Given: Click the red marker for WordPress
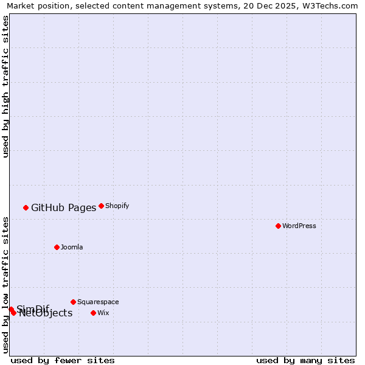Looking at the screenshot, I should [x=278, y=226].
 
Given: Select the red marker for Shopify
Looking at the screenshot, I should [x=101, y=206].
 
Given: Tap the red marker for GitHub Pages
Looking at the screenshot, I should [x=26, y=207].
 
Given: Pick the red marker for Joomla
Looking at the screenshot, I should [x=57, y=247].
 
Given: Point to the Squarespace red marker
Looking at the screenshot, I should [x=73, y=302].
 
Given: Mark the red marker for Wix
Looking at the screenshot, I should [x=93, y=313].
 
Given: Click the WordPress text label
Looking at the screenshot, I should [x=299, y=226].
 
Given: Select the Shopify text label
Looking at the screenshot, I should [x=117, y=206].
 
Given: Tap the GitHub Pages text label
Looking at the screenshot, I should [x=63, y=207].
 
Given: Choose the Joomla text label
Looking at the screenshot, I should [x=72, y=247].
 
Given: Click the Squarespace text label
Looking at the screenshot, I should [x=98, y=302].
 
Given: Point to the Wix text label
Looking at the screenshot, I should [x=103, y=313].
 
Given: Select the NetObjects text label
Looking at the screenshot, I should [x=46, y=313].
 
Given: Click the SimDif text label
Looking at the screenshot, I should [x=33, y=308].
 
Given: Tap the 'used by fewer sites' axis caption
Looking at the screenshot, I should [x=63, y=360].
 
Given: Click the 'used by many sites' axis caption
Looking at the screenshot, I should [x=305, y=360].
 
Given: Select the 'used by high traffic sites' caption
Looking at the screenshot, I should [x=5, y=86].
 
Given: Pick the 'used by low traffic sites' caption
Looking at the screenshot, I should [x=5, y=284].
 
